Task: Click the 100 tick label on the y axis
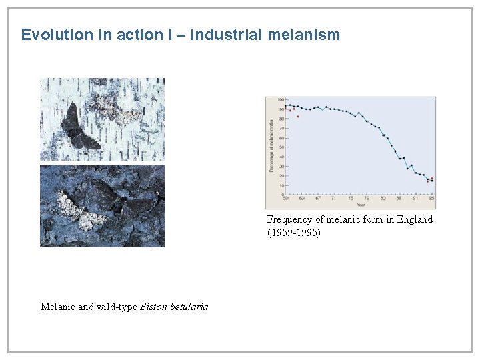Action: [x=280, y=100]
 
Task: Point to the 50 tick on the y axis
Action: [x=281, y=147]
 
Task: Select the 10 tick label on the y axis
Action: [x=281, y=185]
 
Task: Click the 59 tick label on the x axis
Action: [x=286, y=198]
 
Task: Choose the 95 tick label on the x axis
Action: [x=431, y=198]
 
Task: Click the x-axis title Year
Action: [x=360, y=204]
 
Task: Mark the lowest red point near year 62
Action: [x=298, y=117]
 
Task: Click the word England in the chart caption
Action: [x=415, y=219]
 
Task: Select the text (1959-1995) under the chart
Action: [x=294, y=233]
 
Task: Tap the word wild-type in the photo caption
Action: [x=117, y=307]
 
